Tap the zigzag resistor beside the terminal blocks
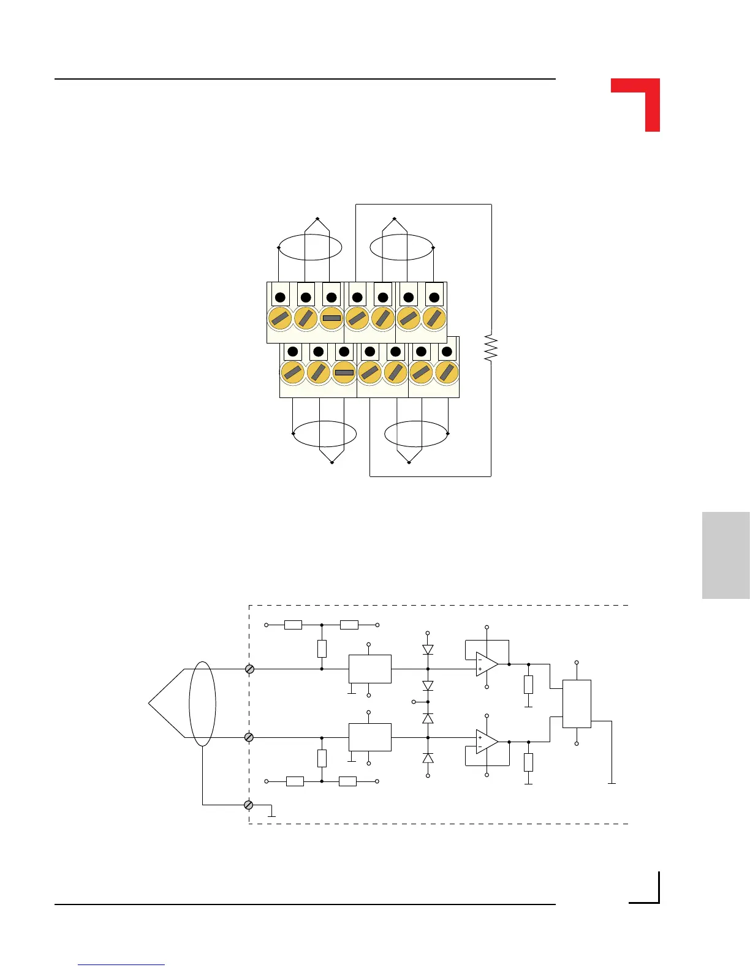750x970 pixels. pos(490,347)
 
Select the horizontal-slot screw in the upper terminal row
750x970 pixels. pos(331,318)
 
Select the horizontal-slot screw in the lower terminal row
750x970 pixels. pos(344,372)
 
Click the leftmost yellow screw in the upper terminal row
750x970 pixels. pos(280,318)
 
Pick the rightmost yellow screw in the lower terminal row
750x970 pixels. pos(447,372)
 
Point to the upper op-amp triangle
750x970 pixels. pos(486,664)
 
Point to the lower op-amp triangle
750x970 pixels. pos(486,742)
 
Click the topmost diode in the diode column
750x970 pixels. pos(428,649)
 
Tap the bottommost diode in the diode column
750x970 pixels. pos(428,758)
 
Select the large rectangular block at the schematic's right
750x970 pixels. pos(577,704)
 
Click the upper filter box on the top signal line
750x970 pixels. pos(370,669)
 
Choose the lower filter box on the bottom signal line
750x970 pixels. pos(370,737)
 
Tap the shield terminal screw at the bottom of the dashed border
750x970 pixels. pos(249,805)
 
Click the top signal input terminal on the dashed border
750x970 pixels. pos(249,669)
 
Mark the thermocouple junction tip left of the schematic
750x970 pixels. pos(150,704)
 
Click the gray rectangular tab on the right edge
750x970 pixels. pos(725,555)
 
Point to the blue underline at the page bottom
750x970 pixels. pos(121,965)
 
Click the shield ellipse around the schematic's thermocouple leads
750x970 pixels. pos(202,704)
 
